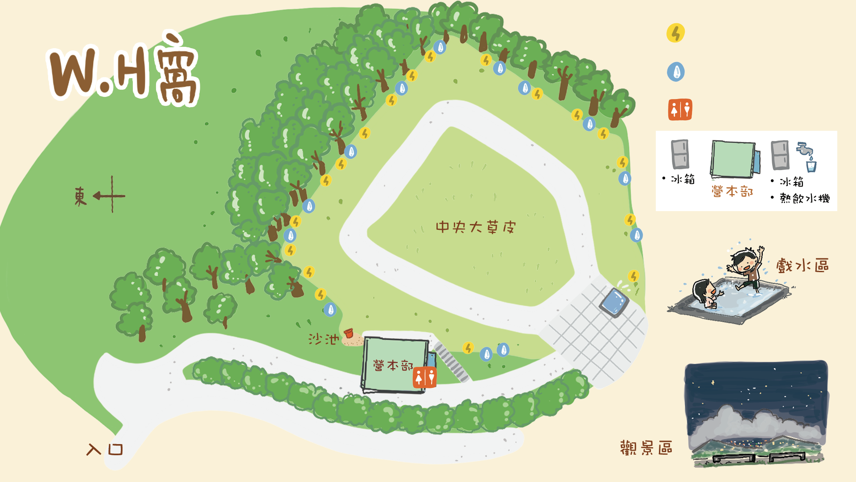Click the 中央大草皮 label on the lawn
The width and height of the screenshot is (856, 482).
pyautogui.click(x=475, y=227)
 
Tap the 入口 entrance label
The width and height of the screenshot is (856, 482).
pyautogui.click(x=105, y=449)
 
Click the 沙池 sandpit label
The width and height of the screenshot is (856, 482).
pyautogui.click(x=323, y=339)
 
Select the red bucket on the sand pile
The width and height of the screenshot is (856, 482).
pyautogui.click(x=349, y=333)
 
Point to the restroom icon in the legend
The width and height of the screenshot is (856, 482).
pyautogui.click(x=680, y=110)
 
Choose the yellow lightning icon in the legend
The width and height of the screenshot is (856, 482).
pyautogui.click(x=675, y=33)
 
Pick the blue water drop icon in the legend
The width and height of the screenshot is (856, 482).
pyautogui.click(x=676, y=72)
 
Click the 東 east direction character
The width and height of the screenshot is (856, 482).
pyautogui.click(x=80, y=196)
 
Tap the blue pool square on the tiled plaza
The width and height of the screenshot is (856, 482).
pyautogui.click(x=614, y=301)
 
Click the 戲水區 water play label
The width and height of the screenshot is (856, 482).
pyautogui.click(x=802, y=266)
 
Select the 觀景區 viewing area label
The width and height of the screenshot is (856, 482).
pyautogui.click(x=646, y=448)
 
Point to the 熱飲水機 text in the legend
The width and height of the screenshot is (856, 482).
pyautogui.click(x=805, y=198)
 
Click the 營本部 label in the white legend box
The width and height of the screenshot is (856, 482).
pyautogui.click(x=732, y=191)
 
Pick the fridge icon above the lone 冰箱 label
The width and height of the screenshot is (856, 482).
pyautogui.click(x=680, y=154)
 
